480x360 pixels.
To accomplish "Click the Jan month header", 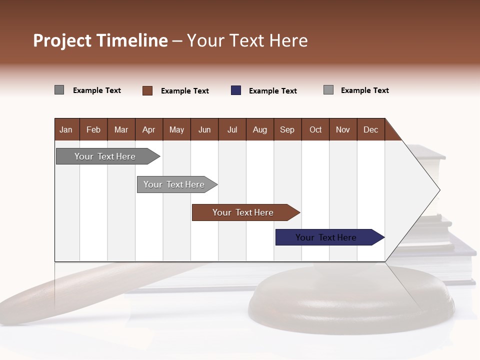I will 66,129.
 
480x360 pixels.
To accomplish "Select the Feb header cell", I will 93,129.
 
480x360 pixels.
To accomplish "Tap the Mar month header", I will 121,129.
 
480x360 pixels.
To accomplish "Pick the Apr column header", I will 149,129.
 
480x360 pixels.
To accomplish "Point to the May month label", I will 176,129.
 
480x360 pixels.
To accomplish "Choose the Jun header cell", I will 204,129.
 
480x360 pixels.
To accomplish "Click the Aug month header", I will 260,129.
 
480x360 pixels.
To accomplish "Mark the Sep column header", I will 287,129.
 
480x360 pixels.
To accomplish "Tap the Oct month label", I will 315,129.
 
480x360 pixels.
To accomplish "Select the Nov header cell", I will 343,129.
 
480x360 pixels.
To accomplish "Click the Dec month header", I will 371,129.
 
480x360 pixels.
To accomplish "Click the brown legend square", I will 147,90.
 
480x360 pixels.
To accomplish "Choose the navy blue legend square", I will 236,90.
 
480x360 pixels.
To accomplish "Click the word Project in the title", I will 62,40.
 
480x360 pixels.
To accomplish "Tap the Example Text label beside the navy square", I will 273,91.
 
